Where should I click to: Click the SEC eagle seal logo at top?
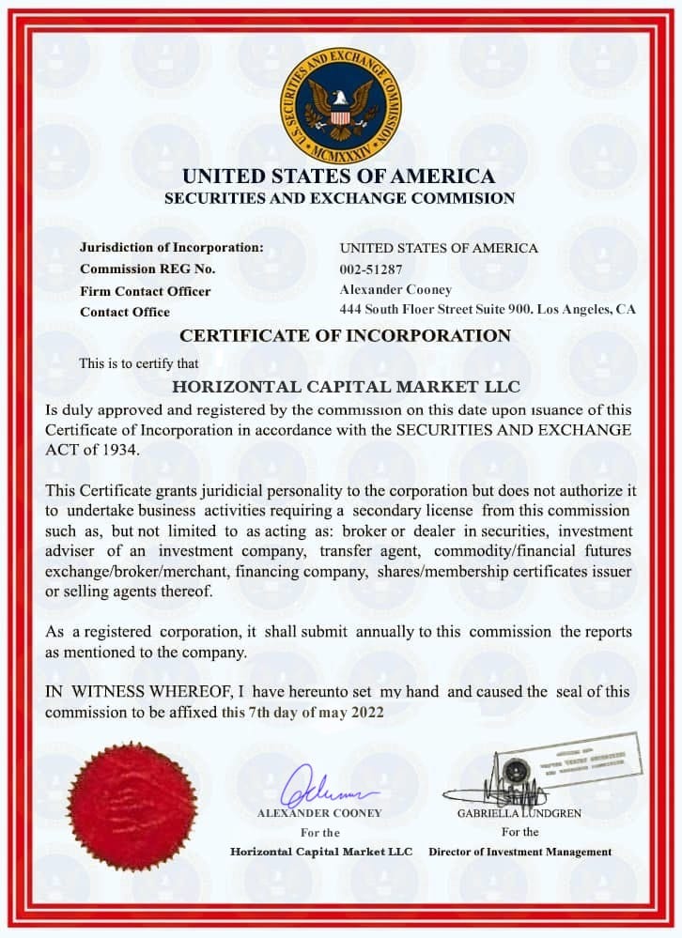point(340,105)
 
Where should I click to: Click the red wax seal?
point(132,807)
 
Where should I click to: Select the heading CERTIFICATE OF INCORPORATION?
point(345,335)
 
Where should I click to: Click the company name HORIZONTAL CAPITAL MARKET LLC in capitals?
point(347,386)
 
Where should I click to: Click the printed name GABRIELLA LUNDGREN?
point(519,813)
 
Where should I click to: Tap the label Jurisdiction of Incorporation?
point(172,248)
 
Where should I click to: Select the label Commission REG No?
point(147,269)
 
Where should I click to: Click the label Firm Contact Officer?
point(146,291)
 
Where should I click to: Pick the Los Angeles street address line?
point(488,309)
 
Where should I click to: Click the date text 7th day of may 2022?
point(317,711)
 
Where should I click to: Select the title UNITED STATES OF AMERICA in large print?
point(338,176)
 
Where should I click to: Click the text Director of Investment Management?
point(519,852)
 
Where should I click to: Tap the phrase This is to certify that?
point(139,362)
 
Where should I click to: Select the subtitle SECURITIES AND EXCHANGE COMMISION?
point(339,198)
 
